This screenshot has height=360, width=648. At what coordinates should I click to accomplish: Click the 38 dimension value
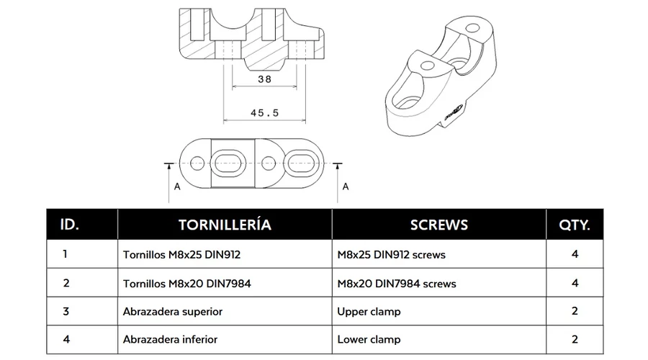(264, 79)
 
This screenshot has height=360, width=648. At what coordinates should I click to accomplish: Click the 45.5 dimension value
(264, 113)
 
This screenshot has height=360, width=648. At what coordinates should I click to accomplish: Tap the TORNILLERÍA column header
(225, 225)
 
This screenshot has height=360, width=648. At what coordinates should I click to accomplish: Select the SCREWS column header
(439, 225)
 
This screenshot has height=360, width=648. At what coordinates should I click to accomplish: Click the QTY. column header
(575, 225)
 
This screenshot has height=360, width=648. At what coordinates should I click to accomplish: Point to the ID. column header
(69, 225)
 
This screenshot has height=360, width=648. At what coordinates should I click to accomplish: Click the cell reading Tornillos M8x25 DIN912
(181, 255)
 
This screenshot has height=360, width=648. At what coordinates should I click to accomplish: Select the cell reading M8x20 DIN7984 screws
(397, 284)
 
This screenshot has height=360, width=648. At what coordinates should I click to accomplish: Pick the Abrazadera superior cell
(172, 312)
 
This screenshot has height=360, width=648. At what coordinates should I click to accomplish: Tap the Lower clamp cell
(369, 339)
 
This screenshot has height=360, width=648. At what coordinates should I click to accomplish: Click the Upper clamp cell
(369, 312)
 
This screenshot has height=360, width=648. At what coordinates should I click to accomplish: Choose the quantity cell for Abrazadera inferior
(575, 339)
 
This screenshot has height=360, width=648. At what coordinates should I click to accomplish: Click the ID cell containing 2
(66, 283)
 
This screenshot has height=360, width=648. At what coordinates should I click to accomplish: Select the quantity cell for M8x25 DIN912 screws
(575, 254)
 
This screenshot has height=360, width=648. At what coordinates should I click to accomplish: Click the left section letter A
(177, 186)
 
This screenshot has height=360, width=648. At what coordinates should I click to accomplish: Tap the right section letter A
(346, 186)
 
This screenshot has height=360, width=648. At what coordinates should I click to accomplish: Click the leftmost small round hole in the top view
(197, 163)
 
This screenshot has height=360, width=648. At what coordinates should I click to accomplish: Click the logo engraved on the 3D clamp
(454, 112)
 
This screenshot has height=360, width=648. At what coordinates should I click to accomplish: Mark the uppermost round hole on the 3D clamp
(473, 29)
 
